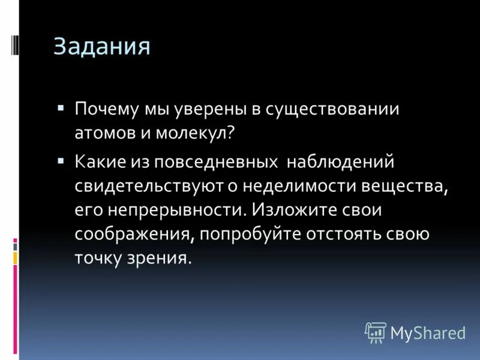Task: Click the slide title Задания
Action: click(x=101, y=47)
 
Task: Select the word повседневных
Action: click(x=220, y=162)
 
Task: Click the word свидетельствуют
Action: click(x=149, y=186)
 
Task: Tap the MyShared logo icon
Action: click(x=376, y=332)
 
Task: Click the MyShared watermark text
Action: click(x=428, y=332)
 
